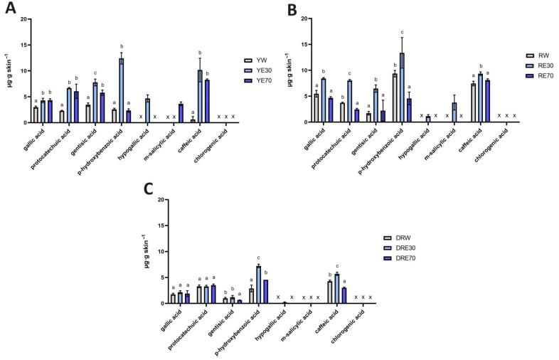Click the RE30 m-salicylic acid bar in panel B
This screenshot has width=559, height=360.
(x=454, y=112)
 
